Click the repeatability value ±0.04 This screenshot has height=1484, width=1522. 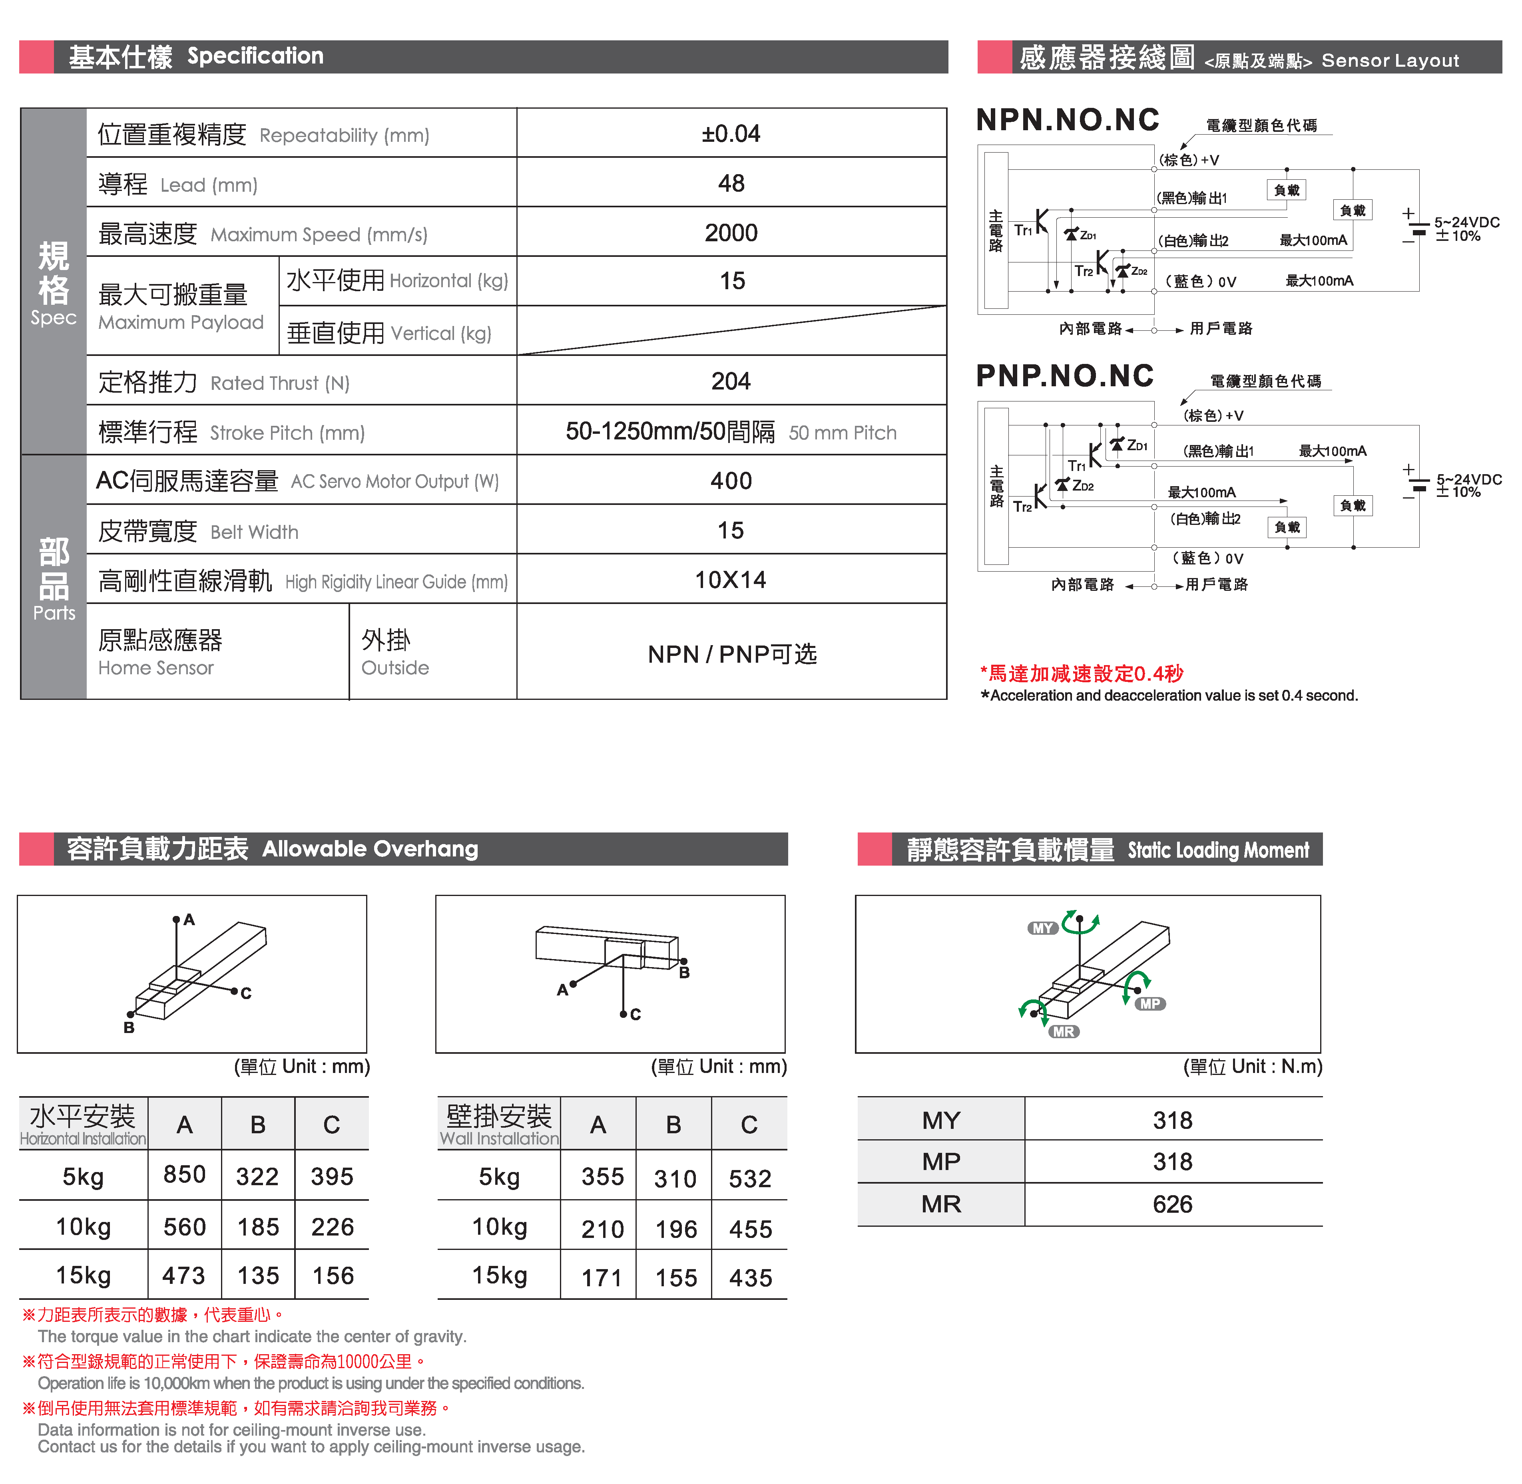coord(731,134)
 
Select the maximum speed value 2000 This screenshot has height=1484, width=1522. coord(731,233)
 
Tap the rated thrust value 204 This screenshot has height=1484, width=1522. coord(731,381)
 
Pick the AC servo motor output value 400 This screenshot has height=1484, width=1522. coord(731,481)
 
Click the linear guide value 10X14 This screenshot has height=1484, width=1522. coord(731,580)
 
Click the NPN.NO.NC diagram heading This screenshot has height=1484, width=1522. coord(1068,120)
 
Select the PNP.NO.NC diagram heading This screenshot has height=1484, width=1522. coord(1064,375)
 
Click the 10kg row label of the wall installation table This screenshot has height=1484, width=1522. coord(499,1227)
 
